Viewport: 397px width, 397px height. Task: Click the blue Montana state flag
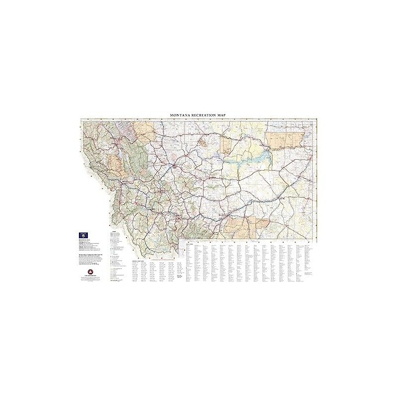click(83, 233)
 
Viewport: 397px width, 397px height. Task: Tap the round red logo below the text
click(90, 270)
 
